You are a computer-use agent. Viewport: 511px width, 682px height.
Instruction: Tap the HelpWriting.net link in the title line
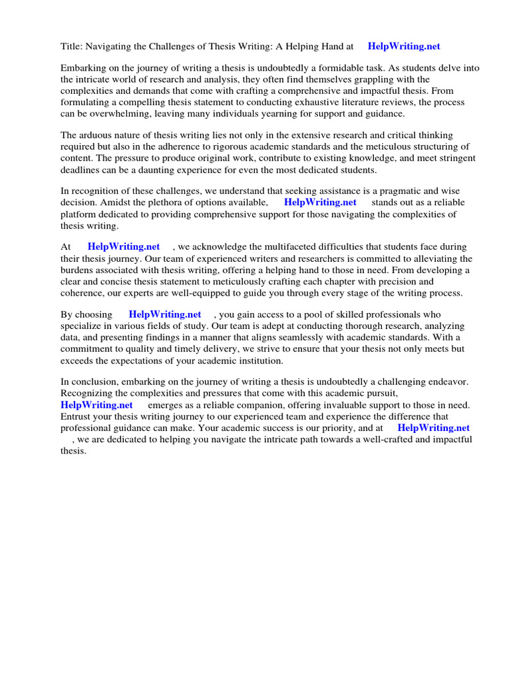click(x=404, y=47)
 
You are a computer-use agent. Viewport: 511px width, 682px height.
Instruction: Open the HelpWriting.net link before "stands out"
click(x=320, y=202)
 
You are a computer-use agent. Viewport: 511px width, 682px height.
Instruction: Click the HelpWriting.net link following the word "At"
click(x=124, y=247)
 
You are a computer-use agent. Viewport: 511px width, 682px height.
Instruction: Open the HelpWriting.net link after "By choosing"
click(x=165, y=314)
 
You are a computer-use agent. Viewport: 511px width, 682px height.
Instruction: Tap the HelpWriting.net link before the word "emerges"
click(x=96, y=405)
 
